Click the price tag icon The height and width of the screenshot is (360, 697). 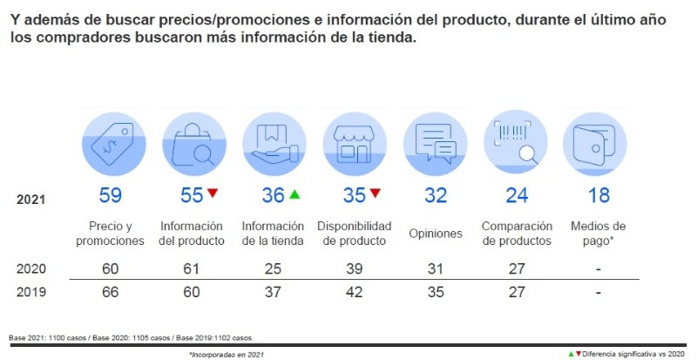point(110,142)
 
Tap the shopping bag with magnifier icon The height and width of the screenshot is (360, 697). point(192,142)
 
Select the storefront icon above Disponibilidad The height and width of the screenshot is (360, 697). point(355,142)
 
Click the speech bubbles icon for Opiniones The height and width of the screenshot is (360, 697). point(436,142)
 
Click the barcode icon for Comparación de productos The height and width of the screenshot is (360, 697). point(517,142)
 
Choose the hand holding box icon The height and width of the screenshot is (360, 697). point(273,142)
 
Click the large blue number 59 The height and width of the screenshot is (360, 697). point(110,196)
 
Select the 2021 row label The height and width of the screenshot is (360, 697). point(32,200)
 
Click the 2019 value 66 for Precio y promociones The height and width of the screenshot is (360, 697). point(110,292)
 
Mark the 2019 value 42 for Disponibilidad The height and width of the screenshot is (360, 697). point(355,292)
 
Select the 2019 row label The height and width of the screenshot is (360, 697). point(32,292)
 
